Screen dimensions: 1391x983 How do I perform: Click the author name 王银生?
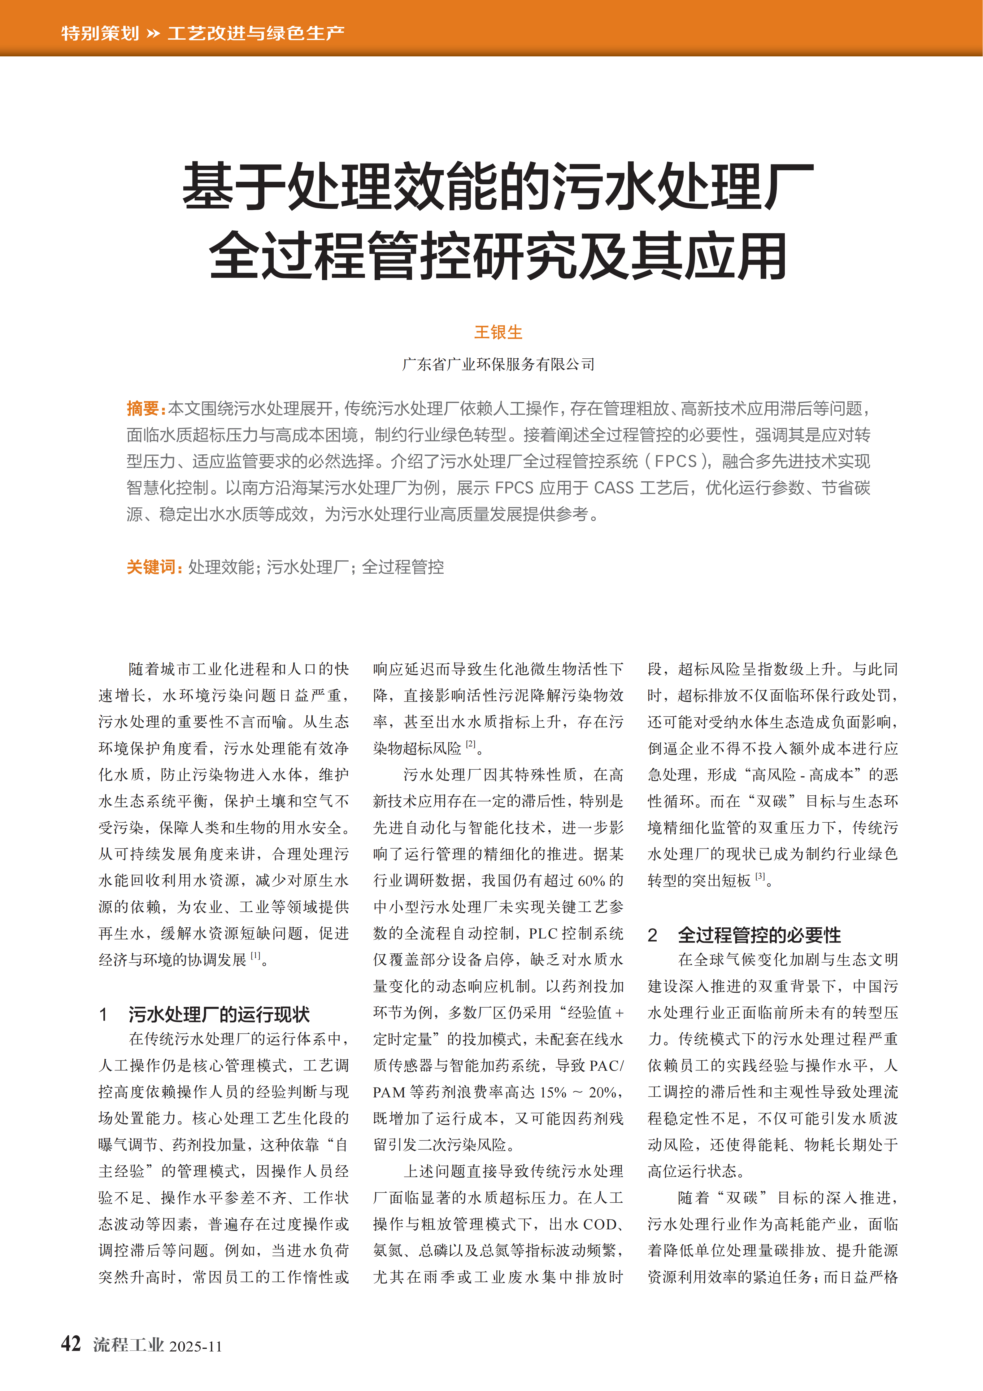pos(498,332)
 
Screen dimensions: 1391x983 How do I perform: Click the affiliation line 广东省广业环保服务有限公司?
pos(498,364)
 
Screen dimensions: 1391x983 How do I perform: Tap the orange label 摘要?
pos(143,408)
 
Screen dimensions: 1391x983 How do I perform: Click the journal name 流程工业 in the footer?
pos(128,1345)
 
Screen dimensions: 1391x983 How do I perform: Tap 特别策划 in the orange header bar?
pos(100,33)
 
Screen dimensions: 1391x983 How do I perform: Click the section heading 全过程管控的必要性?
pos(759,935)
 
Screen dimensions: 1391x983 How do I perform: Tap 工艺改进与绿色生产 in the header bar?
pos(256,33)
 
